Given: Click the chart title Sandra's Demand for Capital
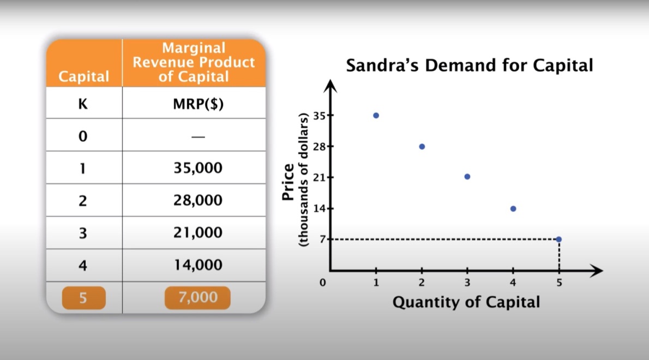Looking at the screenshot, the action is point(470,65).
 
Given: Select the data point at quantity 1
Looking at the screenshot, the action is point(376,116).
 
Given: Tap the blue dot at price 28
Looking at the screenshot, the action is point(422,147).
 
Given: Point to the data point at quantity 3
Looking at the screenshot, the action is point(467,177).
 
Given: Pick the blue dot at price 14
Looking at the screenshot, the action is point(513,208).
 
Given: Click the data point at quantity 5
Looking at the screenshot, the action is point(559,239).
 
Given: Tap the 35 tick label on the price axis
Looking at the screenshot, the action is point(319,116).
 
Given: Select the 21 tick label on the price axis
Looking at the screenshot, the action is point(319,177).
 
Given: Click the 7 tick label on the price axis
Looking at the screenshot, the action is point(322,239).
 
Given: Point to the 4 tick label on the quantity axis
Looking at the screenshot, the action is point(513,283).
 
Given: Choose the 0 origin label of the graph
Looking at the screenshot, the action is point(322,283).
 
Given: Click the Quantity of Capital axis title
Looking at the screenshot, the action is point(466,302).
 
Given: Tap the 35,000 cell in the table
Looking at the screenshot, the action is point(198,168).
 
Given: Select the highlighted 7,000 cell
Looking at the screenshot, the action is point(197,297).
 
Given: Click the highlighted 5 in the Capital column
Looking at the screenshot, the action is point(83,298).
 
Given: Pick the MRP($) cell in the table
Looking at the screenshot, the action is point(199,104).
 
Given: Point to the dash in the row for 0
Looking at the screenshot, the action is point(199,137).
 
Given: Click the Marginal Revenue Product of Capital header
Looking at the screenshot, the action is point(194,63).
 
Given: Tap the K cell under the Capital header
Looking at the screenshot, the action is point(83,104).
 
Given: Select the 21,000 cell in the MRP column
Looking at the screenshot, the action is point(198,232).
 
